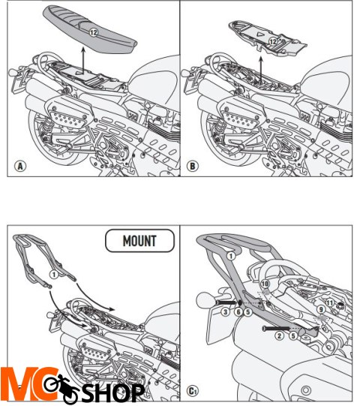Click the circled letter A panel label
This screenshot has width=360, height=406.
click(20, 166)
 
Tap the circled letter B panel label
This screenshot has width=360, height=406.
click(193, 166)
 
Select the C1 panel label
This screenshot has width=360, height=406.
click(193, 391)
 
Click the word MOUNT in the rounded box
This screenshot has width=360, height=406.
click(139, 241)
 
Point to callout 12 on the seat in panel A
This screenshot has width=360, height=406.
click(94, 32)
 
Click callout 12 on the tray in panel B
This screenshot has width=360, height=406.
click(273, 41)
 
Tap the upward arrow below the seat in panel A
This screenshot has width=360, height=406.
click(83, 60)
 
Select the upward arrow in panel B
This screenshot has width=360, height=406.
click(261, 69)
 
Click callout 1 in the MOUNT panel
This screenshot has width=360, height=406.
click(54, 275)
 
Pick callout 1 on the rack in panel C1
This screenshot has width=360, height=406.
click(230, 256)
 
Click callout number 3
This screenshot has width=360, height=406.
click(226, 311)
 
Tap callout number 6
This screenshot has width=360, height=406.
click(238, 311)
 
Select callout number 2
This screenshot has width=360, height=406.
click(279, 335)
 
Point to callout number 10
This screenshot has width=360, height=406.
click(265, 284)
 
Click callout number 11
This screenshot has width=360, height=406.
click(329, 302)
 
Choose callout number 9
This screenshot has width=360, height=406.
click(321, 309)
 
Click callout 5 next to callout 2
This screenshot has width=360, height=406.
click(293, 335)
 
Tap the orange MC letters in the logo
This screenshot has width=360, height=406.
click(29, 383)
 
